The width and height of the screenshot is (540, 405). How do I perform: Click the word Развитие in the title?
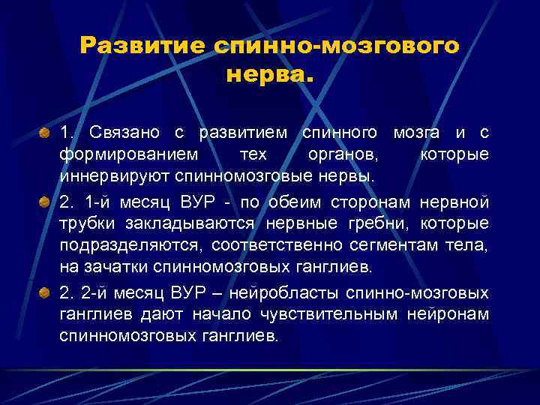click(x=142, y=46)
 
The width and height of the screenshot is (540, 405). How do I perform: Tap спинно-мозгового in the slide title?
click(x=335, y=46)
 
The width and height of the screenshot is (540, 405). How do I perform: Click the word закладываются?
click(x=203, y=224)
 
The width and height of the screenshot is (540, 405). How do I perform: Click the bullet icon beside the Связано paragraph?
click(x=46, y=133)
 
